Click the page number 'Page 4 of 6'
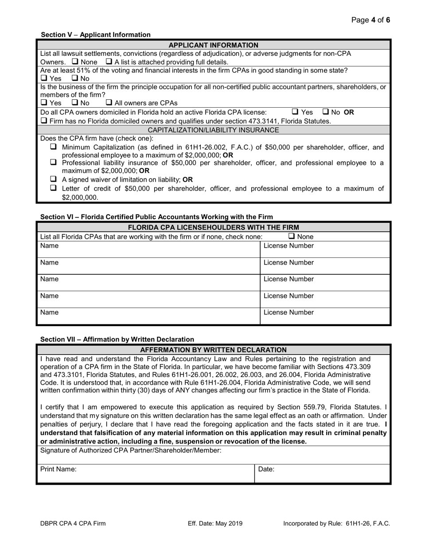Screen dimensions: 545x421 (370, 20)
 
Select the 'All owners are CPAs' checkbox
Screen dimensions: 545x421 (109, 103)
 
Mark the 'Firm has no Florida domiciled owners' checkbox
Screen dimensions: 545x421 (43, 121)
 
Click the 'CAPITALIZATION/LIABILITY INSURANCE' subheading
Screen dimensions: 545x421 (213, 130)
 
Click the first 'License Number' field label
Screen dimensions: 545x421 (288, 246)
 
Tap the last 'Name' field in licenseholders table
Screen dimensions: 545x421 (148, 316)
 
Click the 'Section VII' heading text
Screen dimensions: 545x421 (117, 339)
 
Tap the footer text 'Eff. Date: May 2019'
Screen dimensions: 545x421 (215, 523)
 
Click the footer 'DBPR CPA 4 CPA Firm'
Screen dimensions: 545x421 (73, 523)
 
